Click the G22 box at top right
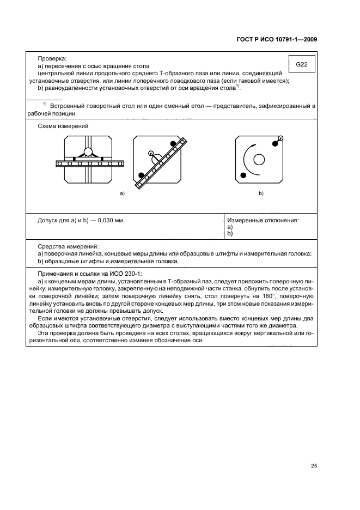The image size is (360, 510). pos(302,65)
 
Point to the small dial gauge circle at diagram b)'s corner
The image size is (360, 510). pos(280,138)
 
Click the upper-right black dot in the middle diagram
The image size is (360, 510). pos(174,143)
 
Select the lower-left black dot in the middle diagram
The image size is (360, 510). pos(142,175)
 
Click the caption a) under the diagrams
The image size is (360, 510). pos(123,193)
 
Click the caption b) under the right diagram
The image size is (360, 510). pos(261,193)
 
